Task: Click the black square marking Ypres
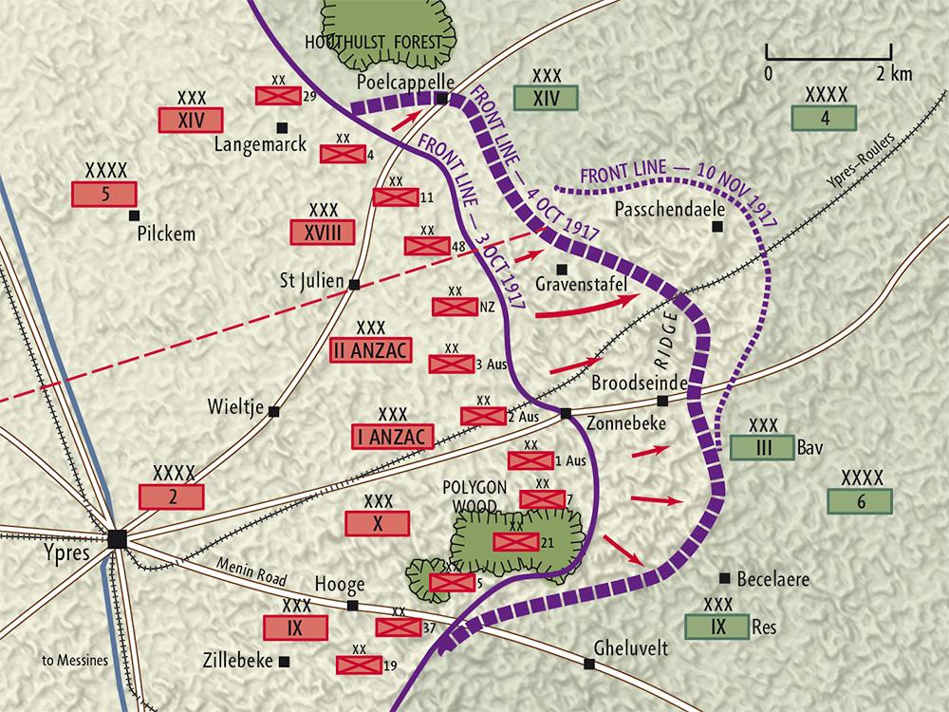click(118, 538)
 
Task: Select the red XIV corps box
click(193, 121)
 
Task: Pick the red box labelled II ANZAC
click(370, 349)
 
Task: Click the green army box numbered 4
click(825, 118)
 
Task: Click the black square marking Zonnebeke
click(565, 413)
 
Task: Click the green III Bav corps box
click(755, 447)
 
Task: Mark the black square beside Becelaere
click(725, 577)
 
